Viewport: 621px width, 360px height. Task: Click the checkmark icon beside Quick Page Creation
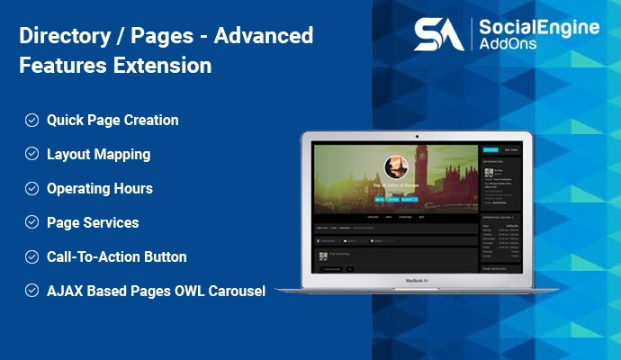click(x=31, y=120)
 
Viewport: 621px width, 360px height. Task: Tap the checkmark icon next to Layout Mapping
click(x=31, y=154)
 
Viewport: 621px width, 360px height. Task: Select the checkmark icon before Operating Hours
click(x=31, y=188)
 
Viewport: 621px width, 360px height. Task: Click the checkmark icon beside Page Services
click(x=31, y=222)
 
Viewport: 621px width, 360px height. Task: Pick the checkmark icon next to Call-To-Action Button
click(x=31, y=256)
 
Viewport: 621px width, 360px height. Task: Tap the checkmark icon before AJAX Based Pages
click(x=31, y=291)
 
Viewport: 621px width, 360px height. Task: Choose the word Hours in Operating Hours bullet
click(x=132, y=188)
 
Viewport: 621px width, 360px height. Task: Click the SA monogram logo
click(x=439, y=33)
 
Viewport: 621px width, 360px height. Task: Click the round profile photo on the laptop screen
click(x=397, y=168)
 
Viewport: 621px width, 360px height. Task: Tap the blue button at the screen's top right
click(x=490, y=149)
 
